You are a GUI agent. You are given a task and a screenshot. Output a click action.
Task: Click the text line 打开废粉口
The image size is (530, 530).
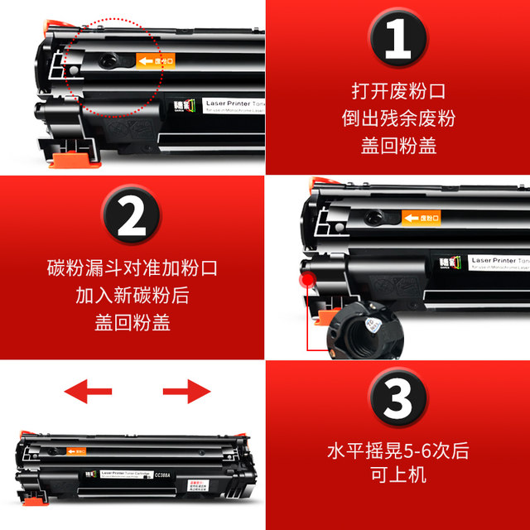(397, 90)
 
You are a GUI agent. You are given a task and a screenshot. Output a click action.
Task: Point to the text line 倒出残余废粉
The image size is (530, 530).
(397, 118)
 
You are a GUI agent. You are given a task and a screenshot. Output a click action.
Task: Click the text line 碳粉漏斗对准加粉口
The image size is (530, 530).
(132, 269)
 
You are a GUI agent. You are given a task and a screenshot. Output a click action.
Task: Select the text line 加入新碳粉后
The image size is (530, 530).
(132, 296)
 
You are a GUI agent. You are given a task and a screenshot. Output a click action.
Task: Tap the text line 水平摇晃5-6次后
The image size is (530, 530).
(397, 452)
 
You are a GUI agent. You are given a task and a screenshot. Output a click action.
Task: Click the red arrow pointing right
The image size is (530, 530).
(187, 391)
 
